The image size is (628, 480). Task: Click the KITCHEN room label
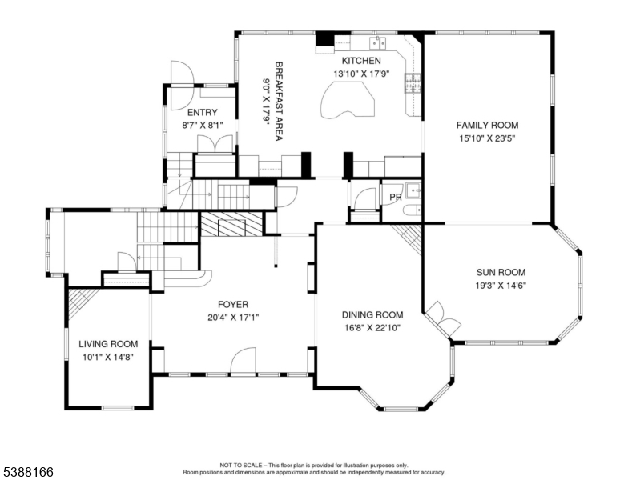coord(361,61)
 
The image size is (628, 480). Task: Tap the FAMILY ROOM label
coord(487,125)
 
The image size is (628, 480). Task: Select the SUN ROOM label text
coord(501,272)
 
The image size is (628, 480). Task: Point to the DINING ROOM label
coord(372,315)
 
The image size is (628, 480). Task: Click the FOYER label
coord(233,305)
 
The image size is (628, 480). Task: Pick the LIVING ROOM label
coord(108,344)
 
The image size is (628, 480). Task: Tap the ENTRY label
coord(203,112)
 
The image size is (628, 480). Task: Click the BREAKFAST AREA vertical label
coord(279,101)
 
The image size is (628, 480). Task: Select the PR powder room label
coord(396,197)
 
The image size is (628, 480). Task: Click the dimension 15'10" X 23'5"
coord(487,139)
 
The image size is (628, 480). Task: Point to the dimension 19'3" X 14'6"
coord(501,286)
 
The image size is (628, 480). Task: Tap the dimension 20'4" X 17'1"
coord(234,318)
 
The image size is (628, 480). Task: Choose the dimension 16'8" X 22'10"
coord(372,328)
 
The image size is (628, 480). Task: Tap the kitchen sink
coord(378,42)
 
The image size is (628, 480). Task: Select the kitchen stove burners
coord(413,83)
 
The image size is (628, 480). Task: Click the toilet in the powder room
coord(412,210)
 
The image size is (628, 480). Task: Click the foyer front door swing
coord(244,362)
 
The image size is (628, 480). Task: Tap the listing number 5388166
coord(28,472)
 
